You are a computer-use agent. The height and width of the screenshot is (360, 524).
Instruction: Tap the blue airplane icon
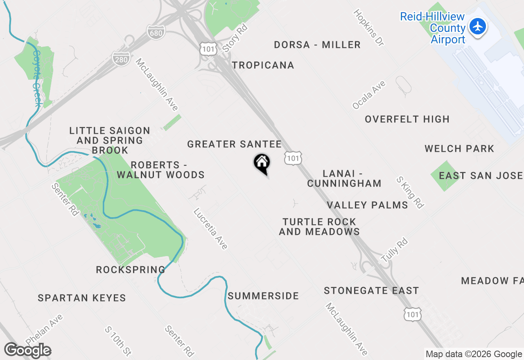click(477, 27)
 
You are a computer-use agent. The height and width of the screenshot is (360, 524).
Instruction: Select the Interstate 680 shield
click(156, 32)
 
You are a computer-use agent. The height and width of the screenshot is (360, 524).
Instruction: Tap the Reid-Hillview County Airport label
click(432, 28)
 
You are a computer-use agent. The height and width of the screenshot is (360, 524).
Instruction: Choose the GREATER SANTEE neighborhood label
click(234, 144)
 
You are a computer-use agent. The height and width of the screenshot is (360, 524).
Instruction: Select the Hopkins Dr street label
click(369, 27)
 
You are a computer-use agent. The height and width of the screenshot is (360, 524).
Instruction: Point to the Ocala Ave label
click(369, 95)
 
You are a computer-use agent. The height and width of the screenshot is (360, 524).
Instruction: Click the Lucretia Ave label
click(210, 229)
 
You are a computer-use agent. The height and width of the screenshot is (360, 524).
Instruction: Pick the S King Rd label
click(410, 192)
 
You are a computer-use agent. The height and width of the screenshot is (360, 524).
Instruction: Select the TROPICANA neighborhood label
click(263, 65)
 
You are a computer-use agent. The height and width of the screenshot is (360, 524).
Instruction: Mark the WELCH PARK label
click(459, 148)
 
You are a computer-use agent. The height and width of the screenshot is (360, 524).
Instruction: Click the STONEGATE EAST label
click(371, 290)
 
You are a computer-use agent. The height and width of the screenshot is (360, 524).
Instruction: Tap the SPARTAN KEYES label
click(82, 298)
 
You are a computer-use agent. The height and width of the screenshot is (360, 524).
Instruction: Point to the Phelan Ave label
click(44, 329)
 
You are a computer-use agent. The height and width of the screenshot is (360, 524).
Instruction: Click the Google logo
click(27, 351)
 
